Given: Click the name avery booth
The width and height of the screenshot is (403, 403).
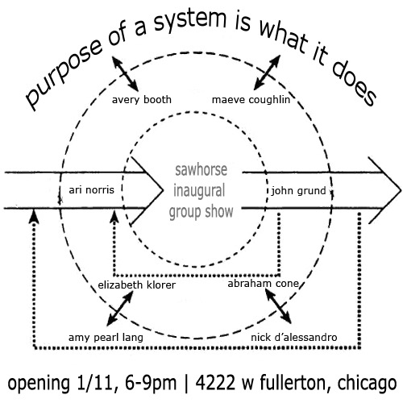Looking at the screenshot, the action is pyautogui.click(x=142, y=100).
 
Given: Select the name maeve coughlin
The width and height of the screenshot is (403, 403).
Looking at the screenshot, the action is pyautogui.click(x=251, y=100).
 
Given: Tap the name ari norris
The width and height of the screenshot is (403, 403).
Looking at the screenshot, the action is pyautogui.click(x=92, y=190).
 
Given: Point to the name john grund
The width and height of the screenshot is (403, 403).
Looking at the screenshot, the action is pyautogui.click(x=298, y=191).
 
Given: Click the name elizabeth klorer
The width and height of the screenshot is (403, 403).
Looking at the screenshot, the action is pyautogui.click(x=136, y=285).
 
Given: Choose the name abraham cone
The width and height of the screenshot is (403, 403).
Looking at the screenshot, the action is pyautogui.click(x=263, y=284).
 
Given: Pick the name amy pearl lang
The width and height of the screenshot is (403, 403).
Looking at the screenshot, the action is pyautogui.click(x=106, y=338).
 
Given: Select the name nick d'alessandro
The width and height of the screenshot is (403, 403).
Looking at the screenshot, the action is pyautogui.click(x=294, y=338).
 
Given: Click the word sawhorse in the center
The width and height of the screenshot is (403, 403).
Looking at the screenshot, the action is pyautogui.click(x=201, y=170).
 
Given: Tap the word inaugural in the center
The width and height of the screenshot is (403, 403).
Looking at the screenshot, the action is pyautogui.click(x=199, y=191).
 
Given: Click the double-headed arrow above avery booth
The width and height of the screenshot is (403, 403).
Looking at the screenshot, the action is pyautogui.click(x=125, y=73).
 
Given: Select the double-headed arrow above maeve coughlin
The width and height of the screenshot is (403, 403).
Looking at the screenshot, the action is pyautogui.click(x=267, y=73).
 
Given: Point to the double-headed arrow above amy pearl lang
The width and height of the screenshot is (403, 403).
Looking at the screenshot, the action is pyautogui.click(x=120, y=309).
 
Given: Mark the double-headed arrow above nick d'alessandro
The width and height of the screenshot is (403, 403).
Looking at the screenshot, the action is pyautogui.click(x=278, y=307).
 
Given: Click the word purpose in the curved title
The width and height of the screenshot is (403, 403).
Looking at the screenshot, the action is pyautogui.click(x=64, y=75).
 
